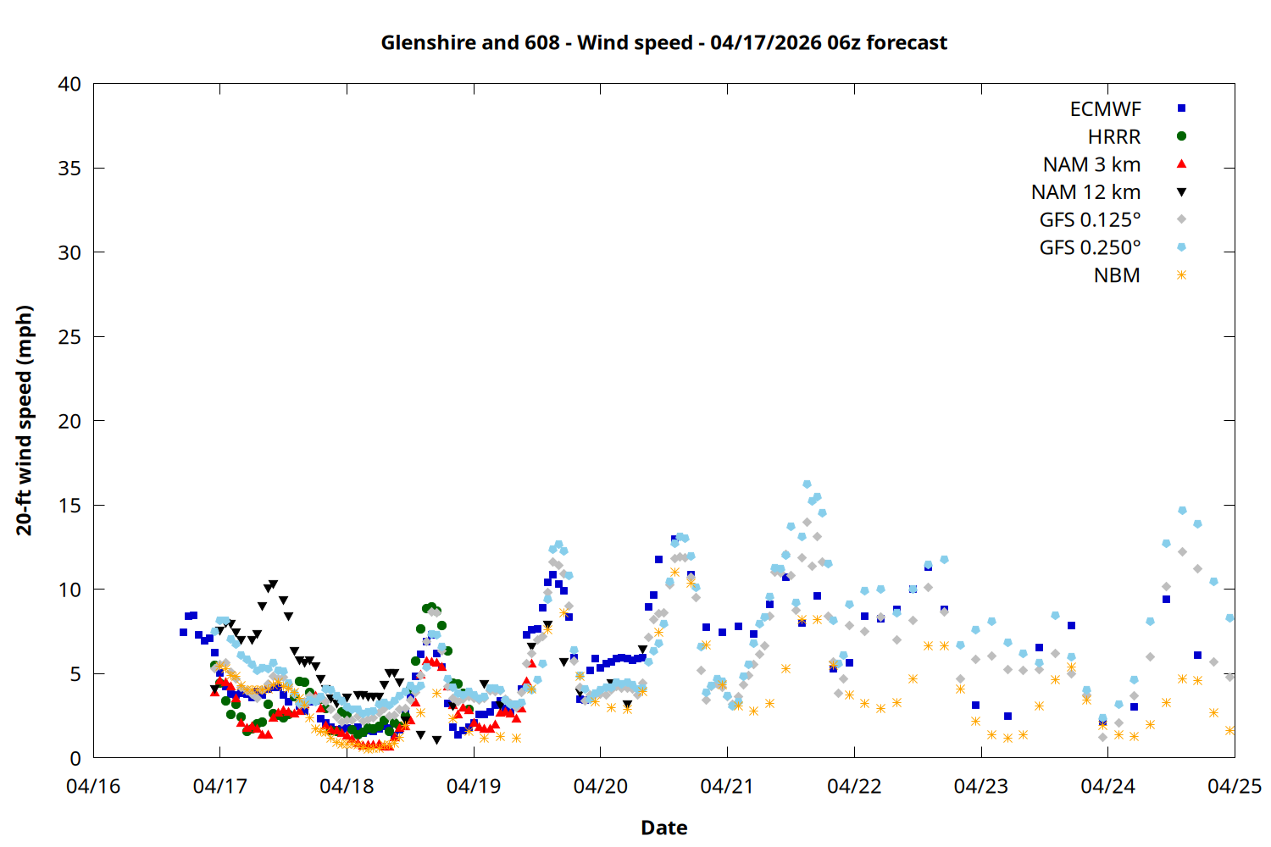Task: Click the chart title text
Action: click(x=663, y=42)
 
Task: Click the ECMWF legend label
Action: click(x=1105, y=109)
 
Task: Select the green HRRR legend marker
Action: click(x=1181, y=136)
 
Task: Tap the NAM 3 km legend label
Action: click(x=1091, y=164)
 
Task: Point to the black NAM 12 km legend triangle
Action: click(x=1181, y=192)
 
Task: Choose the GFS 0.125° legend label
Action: click(x=1090, y=220)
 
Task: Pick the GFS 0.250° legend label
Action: click(x=1090, y=248)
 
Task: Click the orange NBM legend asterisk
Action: click(x=1181, y=275)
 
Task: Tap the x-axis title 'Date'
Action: click(x=663, y=828)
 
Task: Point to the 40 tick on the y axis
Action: click(x=69, y=84)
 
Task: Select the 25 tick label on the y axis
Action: click(x=69, y=337)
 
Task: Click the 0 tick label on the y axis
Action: click(x=75, y=758)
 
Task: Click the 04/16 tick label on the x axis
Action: click(x=93, y=787)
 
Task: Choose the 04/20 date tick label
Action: click(x=601, y=787)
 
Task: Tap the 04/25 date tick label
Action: click(x=1234, y=787)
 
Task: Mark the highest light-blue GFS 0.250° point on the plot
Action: click(x=807, y=484)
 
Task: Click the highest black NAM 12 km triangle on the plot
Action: click(x=273, y=584)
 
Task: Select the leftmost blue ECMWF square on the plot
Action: click(x=183, y=632)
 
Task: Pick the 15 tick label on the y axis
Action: click(x=69, y=506)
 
